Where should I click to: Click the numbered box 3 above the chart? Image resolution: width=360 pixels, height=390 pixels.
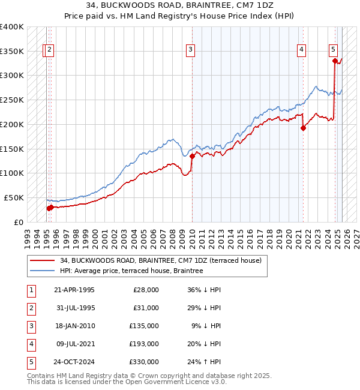point(190,50)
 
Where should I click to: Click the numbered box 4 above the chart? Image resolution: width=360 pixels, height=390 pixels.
point(301,50)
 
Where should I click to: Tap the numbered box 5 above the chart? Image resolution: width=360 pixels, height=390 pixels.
point(333,50)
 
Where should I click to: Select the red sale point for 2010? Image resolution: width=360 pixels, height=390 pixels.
point(193,156)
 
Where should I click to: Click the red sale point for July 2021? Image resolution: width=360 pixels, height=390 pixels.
point(304,127)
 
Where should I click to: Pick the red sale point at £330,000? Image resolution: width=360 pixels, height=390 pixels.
point(335,60)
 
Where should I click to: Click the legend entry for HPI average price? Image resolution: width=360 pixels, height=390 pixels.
point(131,271)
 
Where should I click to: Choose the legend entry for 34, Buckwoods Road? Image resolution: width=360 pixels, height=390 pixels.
point(160,261)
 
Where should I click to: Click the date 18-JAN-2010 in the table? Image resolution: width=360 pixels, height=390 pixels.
point(74,326)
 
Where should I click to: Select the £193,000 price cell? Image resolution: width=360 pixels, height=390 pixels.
point(144,344)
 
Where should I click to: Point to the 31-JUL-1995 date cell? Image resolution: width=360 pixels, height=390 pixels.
point(74,308)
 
